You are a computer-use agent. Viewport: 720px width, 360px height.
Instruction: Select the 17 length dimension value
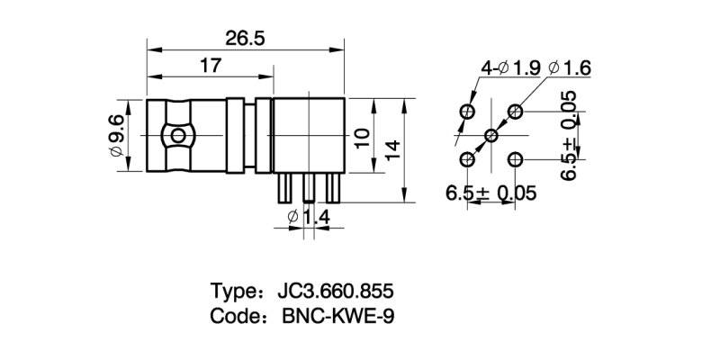click(211, 66)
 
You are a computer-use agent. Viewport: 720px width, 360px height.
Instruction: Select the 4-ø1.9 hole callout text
click(510, 67)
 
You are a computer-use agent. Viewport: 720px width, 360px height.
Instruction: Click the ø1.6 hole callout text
click(568, 67)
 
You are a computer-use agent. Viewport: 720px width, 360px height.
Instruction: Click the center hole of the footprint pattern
click(491, 136)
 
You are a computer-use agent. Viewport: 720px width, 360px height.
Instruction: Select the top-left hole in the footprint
click(468, 112)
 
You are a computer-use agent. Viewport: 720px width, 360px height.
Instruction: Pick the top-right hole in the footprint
click(515, 112)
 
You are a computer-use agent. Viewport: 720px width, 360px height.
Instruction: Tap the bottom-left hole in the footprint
click(468, 159)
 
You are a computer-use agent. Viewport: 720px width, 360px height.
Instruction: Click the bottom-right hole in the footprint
click(515, 159)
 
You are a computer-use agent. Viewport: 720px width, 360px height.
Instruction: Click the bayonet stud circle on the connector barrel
click(178, 136)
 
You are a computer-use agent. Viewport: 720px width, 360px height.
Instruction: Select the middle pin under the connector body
click(309, 188)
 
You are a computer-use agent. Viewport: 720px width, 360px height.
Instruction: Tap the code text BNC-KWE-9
click(338, 318)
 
